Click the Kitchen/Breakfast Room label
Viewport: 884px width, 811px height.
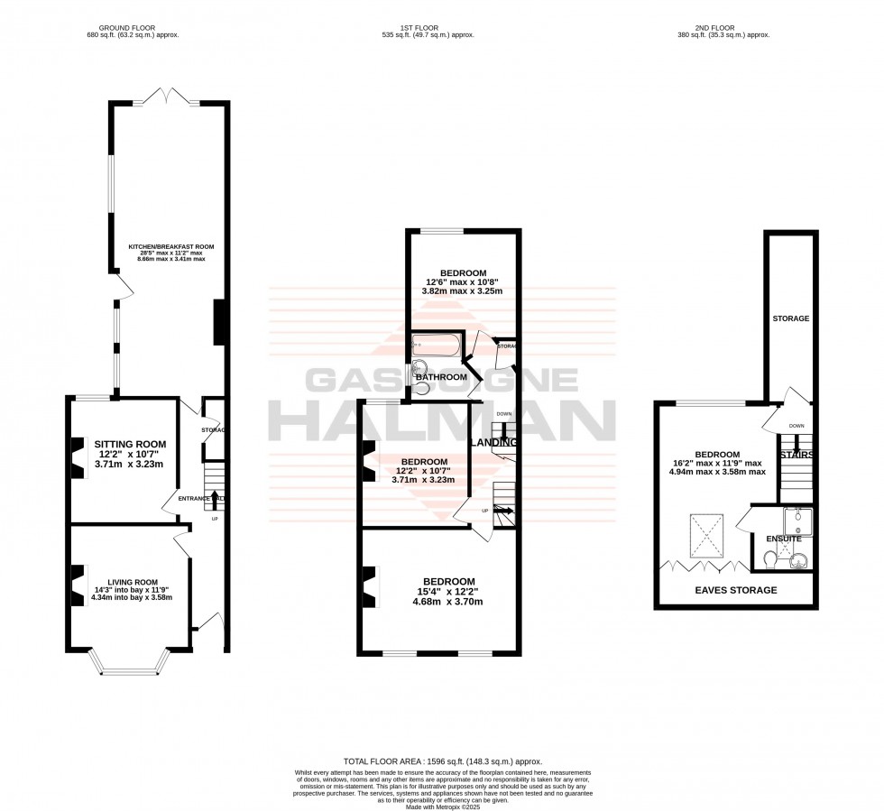coord(170,246)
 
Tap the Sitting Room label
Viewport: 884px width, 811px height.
coord(133,444)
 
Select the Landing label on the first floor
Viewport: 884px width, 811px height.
coord(494,442)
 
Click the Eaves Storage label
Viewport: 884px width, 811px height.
coord(735,590)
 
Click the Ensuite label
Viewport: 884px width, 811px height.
coord(783,539)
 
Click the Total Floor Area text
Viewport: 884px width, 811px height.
coord(441,762)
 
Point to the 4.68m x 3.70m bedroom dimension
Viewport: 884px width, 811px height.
coord(444,602)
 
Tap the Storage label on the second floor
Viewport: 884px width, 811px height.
coord(790,318)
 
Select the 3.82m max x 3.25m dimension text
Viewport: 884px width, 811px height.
coord(463,291)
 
